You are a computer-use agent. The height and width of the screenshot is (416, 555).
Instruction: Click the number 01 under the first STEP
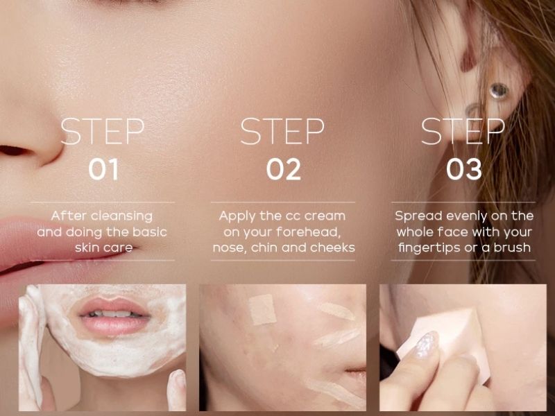pos(103,169)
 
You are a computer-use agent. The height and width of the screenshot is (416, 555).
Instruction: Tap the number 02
pos(284,169)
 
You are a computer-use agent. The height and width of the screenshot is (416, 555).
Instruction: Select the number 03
pos(464,169)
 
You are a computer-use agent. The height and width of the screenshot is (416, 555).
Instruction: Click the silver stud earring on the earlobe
pos(499,91)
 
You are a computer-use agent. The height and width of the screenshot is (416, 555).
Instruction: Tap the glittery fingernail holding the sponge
pos(426,345)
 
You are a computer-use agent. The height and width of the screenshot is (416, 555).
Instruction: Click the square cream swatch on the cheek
pos(262,309)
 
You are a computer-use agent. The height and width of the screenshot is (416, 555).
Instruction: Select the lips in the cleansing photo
pos(114,316)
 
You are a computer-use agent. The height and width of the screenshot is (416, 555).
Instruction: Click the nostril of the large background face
pos(13,151)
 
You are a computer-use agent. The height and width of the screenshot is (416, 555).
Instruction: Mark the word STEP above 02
pos(282,131)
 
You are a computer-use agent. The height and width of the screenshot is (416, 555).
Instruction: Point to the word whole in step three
pos(415,232)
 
